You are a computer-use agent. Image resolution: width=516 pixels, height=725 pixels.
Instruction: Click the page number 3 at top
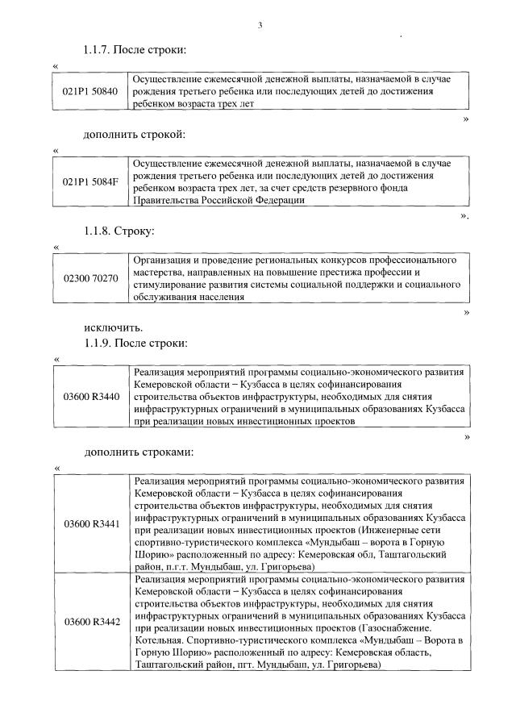click(260, 26)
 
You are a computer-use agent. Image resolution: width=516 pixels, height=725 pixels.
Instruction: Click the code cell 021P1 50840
click(90, 91)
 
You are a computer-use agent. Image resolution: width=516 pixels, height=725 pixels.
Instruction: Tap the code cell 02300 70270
click(90, 278)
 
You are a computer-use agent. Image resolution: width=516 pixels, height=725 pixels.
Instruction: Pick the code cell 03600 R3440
click(90, 396)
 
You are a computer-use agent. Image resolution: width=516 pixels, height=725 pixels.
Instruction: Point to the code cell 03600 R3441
click(90, 524)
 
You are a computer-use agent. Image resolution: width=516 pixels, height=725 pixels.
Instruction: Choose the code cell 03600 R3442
click(90, 622)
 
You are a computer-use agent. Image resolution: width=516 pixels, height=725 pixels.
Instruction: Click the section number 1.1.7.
click(98, 51)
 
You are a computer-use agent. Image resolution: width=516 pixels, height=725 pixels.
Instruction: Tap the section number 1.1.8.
click(98, 231)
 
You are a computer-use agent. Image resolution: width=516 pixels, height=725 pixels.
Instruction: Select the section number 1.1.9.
click(98, 343)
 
